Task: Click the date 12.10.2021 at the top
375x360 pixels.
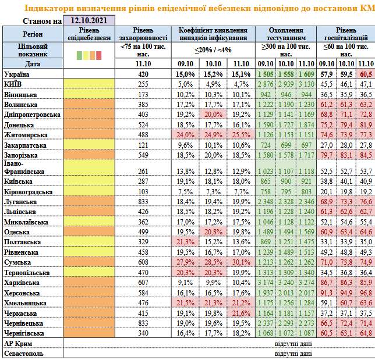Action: pos(89,20)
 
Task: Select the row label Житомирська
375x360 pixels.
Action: pos(26,135)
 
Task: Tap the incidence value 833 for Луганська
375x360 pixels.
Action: pos(143,202)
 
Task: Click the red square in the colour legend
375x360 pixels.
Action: pos(98,55)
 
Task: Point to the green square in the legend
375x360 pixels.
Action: pos(79,55)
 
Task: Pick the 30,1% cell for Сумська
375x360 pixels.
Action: pos(241,262)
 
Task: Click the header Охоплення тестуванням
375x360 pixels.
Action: pos(286,34)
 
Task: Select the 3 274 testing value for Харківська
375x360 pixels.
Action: pos(306,283)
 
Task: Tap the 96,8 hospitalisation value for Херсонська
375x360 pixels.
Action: pos(366,293)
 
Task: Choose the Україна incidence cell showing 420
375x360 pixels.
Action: pos(143,74)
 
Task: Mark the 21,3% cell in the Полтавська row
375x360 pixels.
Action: pos(185,242)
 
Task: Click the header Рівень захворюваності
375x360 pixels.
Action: pos(143,34)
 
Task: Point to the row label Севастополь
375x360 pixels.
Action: pos(24,354)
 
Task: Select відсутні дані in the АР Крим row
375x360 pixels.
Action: pos(293,344)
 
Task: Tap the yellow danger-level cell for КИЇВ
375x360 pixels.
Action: pos(89,84)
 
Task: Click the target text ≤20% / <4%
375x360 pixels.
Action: pos(213,50)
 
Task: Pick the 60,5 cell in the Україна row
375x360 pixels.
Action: pos(366,74)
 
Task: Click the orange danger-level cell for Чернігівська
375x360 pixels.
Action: pos(89,333)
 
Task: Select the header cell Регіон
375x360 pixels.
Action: pos(33,34)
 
